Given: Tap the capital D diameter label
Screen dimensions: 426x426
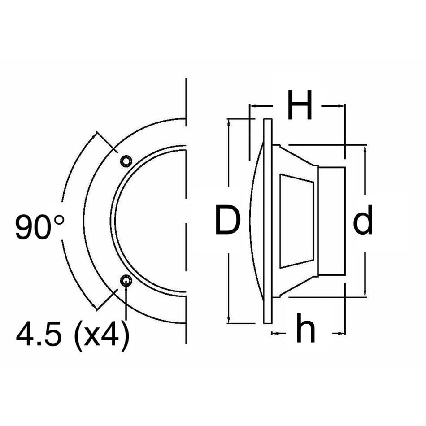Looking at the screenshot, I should [228, 220].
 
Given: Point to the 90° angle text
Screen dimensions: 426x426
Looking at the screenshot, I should [39, 227].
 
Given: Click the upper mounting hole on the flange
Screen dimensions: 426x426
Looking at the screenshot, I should [126, 161].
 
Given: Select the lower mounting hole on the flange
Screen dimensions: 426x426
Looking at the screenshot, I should [126, 281].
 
